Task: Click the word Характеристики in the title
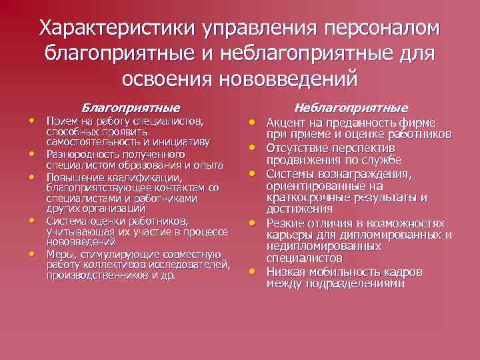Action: [x=117, y=28]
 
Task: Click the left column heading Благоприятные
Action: [x=131, y=107]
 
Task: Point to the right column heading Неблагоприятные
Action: [x=351, y=107]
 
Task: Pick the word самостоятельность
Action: [x=89, y=142]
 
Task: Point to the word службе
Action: [x=380, y=160]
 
